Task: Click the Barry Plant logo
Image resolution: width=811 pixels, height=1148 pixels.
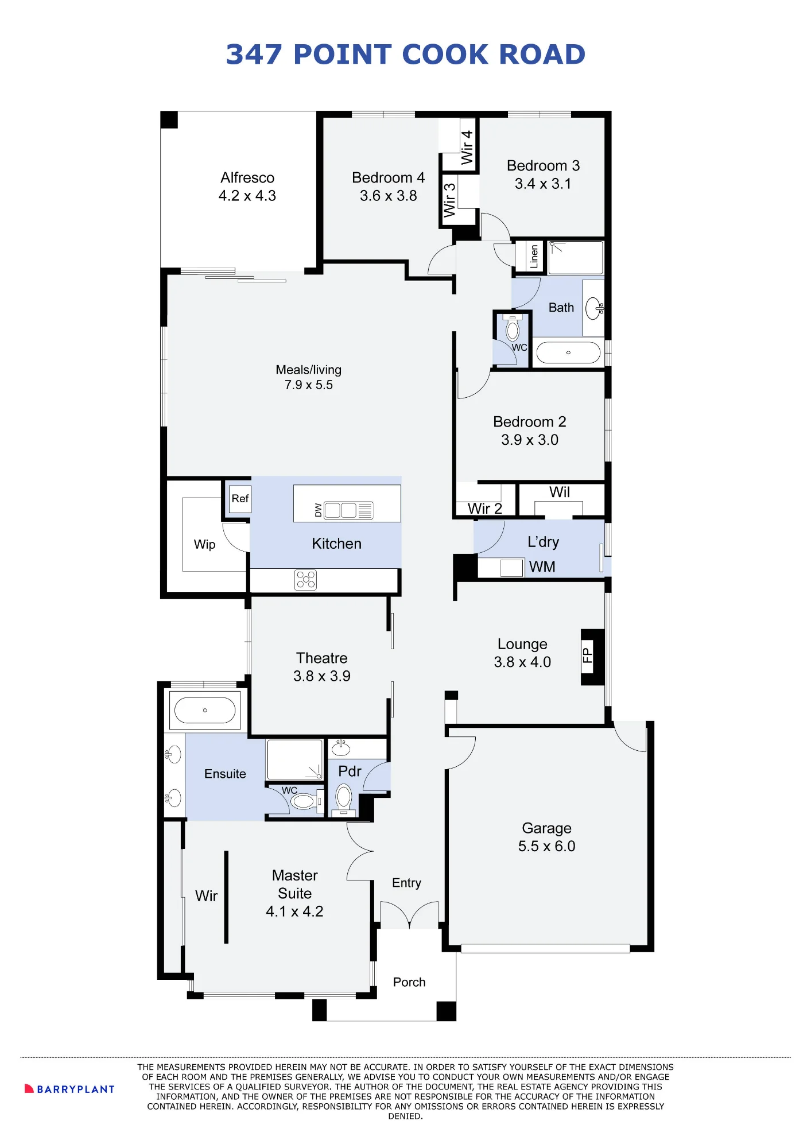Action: [69, 1089]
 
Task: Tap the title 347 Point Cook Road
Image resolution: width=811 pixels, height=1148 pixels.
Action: [405, 55]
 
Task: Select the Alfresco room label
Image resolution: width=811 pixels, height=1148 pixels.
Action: [247, 177]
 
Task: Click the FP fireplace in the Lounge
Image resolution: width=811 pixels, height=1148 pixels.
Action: [593, 657]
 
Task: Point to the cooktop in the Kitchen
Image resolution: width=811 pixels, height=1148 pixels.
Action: [305, 580]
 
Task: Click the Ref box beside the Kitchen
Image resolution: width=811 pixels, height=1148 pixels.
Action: [240, 499]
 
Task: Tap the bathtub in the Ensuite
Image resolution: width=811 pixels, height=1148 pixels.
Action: [205, 710]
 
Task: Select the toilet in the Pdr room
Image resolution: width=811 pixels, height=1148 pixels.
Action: [344, 798]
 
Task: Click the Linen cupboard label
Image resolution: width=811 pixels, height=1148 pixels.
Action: [534, 256]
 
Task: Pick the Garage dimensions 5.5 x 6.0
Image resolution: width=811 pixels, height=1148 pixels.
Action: [546, 846]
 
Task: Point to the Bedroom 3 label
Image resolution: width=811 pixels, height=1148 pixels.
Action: [543, 166]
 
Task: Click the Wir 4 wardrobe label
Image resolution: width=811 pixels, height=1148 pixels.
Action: [467, 148]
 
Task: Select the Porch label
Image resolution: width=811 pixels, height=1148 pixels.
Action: [409, 982]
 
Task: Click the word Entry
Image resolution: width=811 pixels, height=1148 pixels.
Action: [406, 883]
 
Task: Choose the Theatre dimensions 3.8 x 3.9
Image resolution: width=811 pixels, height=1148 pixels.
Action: [322, 676]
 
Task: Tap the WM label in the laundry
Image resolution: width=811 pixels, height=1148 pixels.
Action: [542, 567]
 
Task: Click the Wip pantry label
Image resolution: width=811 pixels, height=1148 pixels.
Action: [204, 545]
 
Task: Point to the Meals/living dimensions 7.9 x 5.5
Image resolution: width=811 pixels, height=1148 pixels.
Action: [309, 385]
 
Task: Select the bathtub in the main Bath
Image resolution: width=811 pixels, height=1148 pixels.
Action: [568, 352]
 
